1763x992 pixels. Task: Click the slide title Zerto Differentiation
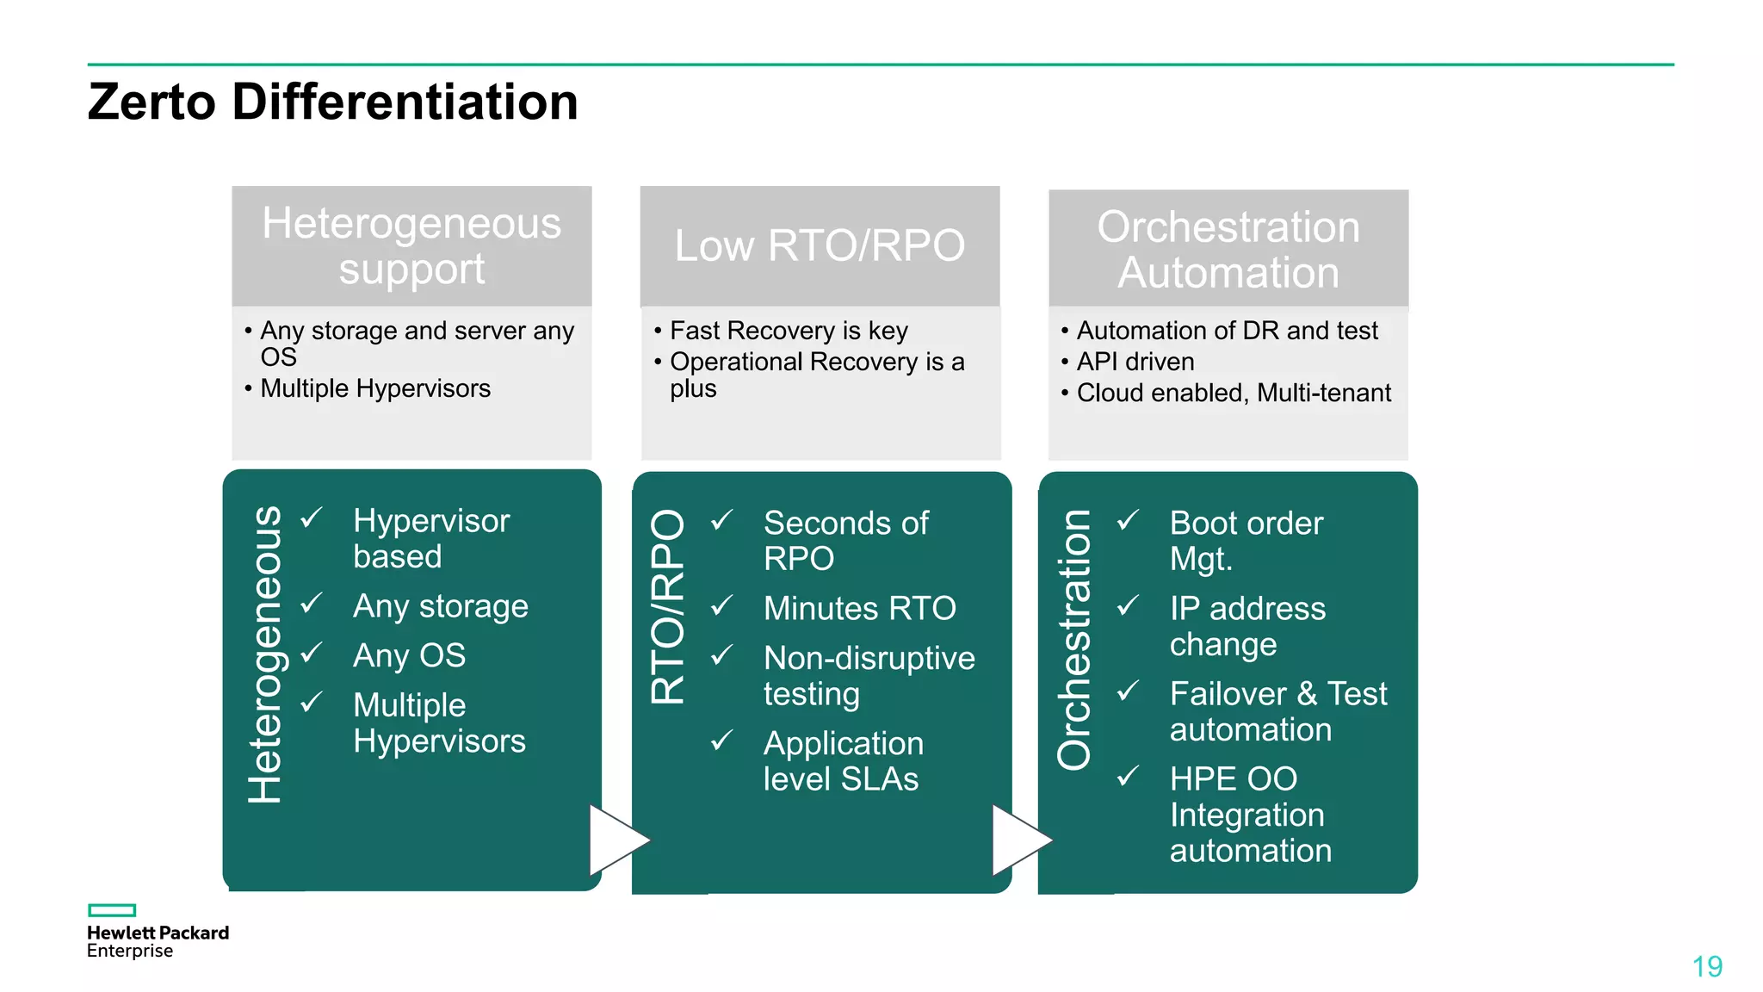[332, 102]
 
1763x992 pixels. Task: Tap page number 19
[1706, 966]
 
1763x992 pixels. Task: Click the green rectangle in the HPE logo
[112, 910]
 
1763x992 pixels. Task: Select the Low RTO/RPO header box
[820, 245]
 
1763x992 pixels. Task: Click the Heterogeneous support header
[411, 245]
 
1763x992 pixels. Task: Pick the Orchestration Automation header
[1228, 249]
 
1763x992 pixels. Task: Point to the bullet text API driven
[1135, 362]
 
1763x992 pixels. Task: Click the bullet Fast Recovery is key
[789, 331]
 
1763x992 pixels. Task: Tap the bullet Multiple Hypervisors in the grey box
[375, 388]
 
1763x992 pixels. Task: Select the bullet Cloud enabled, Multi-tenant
[1233, 393]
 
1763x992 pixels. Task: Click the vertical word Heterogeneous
[264, 654]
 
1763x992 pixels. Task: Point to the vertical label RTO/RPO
[668, 606]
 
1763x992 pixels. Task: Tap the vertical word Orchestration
[1073, 639]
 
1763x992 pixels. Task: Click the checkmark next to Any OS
[312, 654]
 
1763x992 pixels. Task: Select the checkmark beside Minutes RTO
[722, 606]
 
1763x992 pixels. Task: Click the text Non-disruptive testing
[868, 675]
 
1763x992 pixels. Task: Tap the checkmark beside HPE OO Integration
[1129, 777]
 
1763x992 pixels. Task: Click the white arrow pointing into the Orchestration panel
[1021, 840]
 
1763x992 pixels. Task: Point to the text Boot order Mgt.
[1245, 540]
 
